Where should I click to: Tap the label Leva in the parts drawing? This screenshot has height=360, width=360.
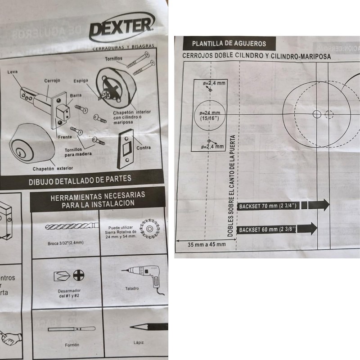coord(13,72)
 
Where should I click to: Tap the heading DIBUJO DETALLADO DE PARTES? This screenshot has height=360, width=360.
coord(80,179)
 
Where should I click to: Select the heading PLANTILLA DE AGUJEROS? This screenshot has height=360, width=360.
coord(229,44)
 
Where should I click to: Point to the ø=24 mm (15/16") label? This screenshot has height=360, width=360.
coord(208,115)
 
